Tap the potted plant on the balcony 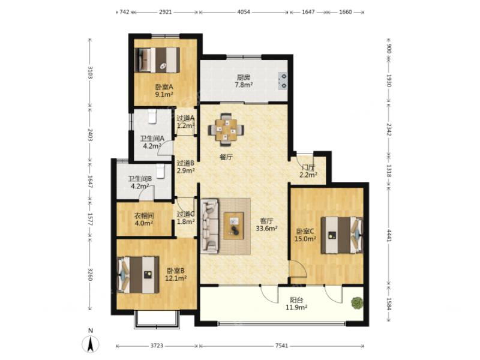tap(356, 304)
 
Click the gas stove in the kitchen tap(283, 81)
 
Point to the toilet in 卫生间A tap(152, 117)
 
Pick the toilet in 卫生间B tap(160, 172)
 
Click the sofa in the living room tap(209, 226)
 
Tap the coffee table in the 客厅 tap(233, 226)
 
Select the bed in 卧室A tap(157, 60)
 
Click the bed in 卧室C tap(341, 235)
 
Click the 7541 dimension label tap(281, 346)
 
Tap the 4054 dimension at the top tap(244, 12)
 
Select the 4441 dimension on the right tap(389, 235)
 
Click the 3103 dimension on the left tap(90, 73)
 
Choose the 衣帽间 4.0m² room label tap(144, 220)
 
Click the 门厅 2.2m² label tap(308, 171)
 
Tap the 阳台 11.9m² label tap(296, 304)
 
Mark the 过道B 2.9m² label tap(186, 167)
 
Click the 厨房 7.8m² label tap(244, 81)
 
